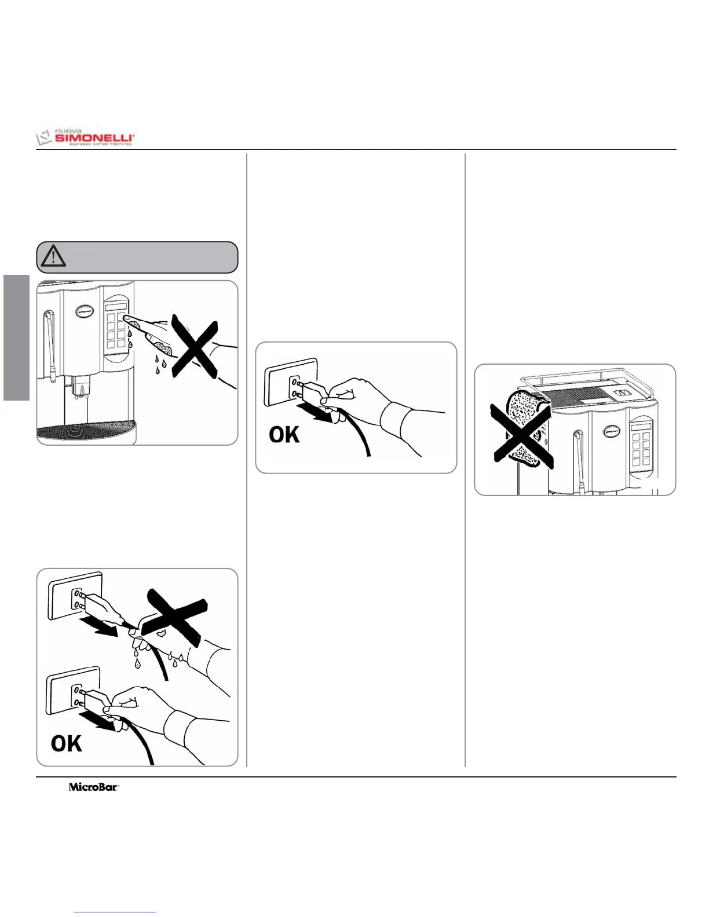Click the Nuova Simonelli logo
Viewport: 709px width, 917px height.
(86, 138)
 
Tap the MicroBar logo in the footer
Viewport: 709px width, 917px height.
(94, 787)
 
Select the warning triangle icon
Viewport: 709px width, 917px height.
(53, 256)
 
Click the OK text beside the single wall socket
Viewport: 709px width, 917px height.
(284, 434)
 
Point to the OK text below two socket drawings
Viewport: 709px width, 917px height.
(66, 743)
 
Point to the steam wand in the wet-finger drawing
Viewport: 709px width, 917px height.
(49, 344)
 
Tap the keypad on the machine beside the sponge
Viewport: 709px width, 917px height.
(641, 443)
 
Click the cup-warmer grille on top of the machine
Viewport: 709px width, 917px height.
(573, 396)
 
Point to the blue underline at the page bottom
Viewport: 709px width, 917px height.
(115, 912)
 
